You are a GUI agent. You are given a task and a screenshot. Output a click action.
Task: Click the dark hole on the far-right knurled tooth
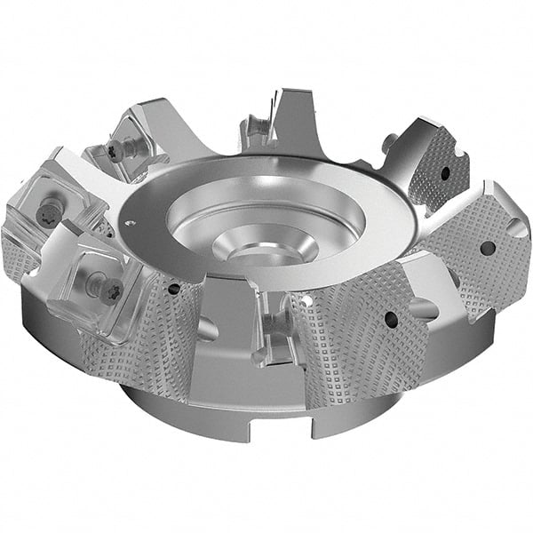click(x=487, y=248)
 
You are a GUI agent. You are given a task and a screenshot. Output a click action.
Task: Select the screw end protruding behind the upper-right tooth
click(x=388, y=141)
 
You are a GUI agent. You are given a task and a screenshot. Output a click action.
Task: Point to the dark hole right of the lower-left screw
click(x=174, y=288)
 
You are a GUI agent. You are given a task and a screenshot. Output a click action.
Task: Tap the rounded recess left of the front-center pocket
click(x=206, y=330)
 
